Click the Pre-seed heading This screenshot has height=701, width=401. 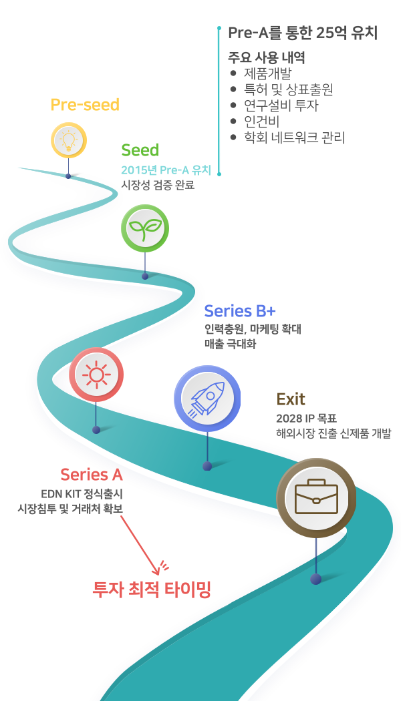(x=85, y=105)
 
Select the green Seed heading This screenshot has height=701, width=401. (x=140, y=150)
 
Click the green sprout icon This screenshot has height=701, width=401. (x=144, y=228)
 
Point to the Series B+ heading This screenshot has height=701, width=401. (x=240, y=311)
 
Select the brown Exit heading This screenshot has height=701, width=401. (x=291, y=399)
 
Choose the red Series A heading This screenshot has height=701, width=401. (x=92, y=475)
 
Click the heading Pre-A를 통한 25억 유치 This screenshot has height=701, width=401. (x=303, y=33)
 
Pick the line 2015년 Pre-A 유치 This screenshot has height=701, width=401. (x=166, y=170)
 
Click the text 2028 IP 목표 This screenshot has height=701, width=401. (x=306, y=419)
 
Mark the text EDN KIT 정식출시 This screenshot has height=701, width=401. (x=82, y=494)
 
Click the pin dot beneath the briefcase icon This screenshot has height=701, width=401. (x=315, y=579)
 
